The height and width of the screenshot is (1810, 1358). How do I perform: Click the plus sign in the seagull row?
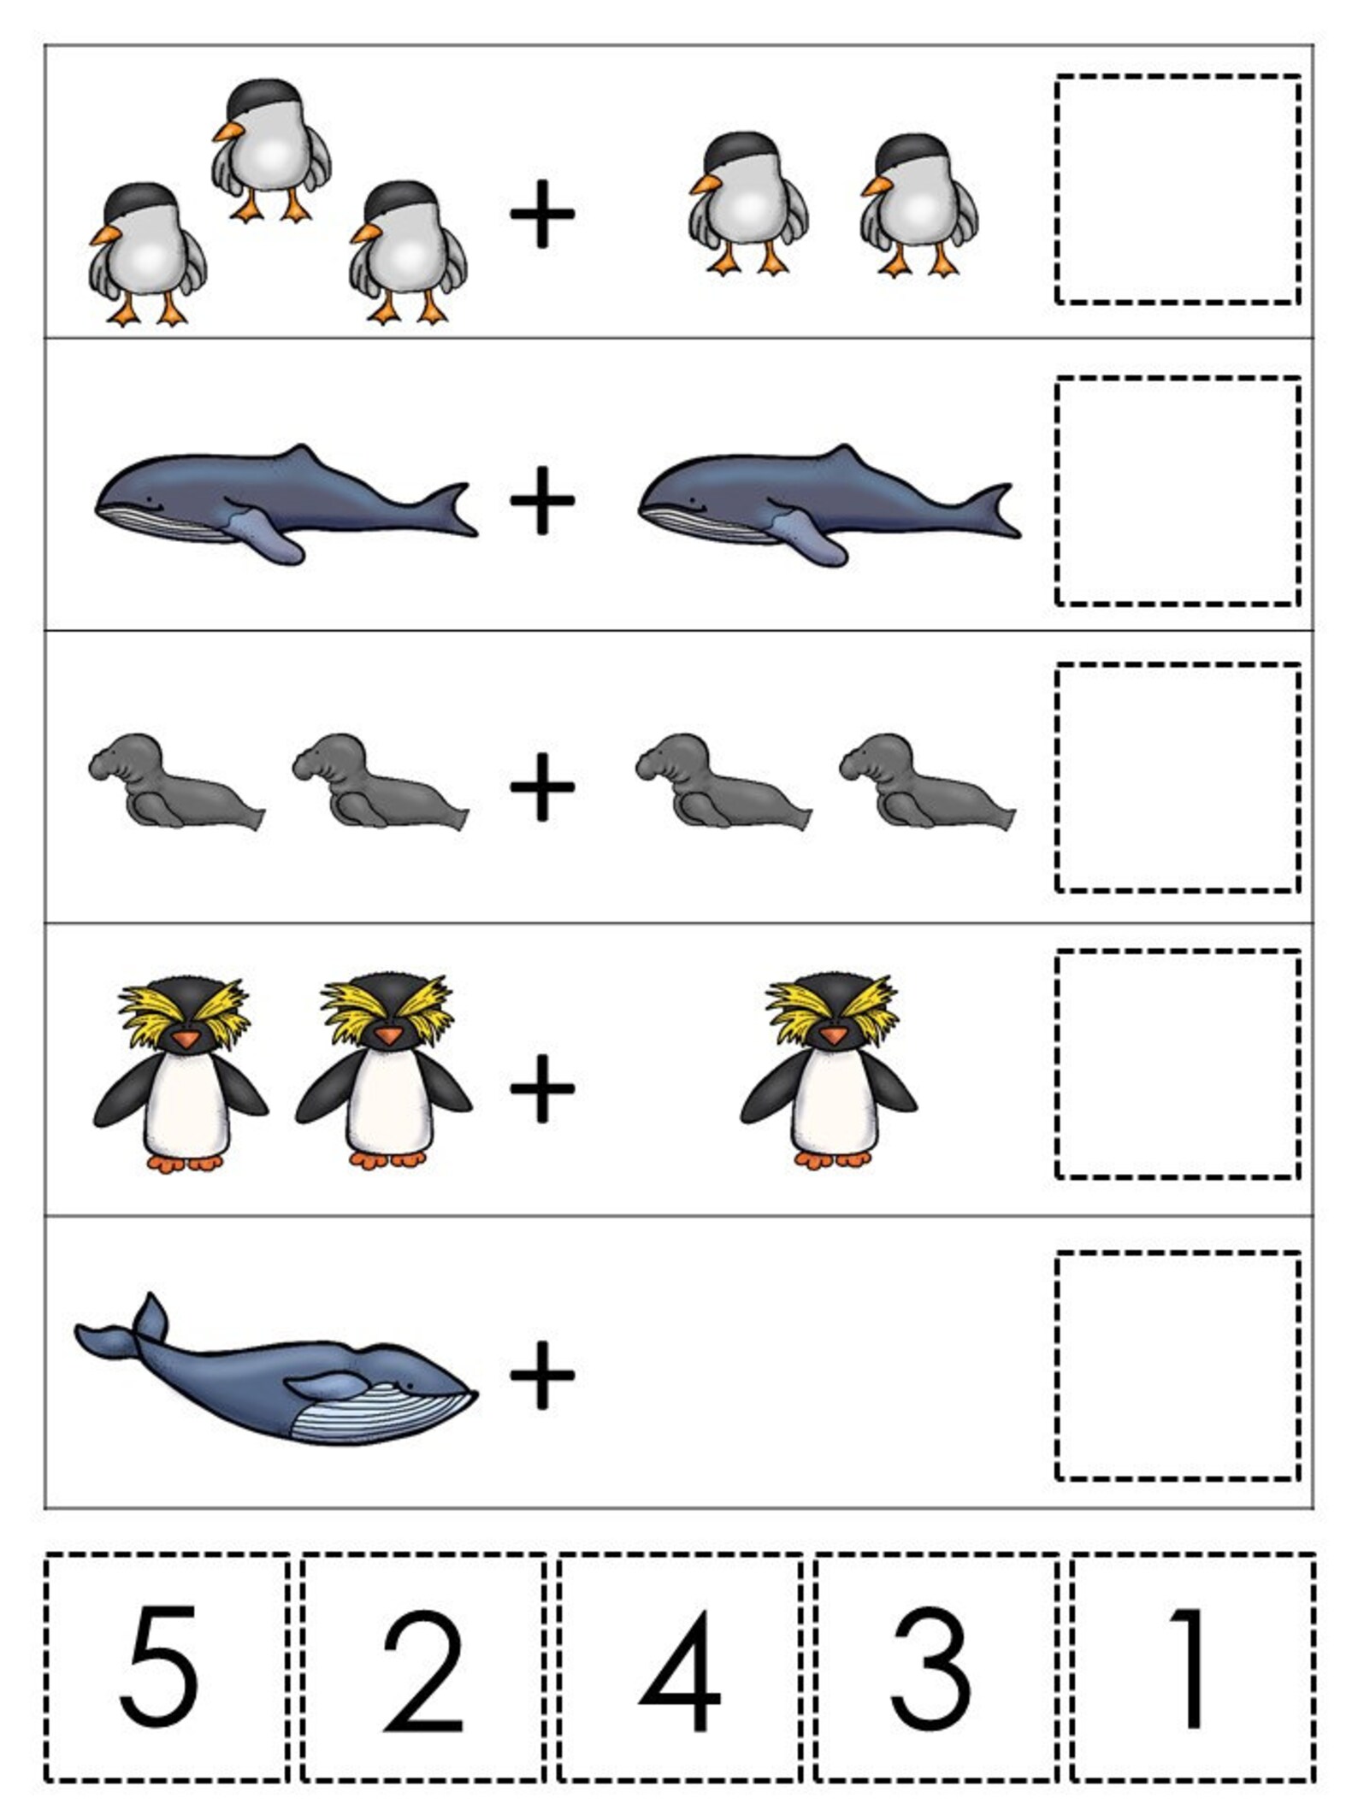click(542, 215)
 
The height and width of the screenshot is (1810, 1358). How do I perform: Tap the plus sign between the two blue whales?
click(542, 500)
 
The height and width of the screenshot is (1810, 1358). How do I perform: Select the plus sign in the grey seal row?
click(542, 787)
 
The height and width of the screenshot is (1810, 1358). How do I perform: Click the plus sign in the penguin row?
click(542, 1088)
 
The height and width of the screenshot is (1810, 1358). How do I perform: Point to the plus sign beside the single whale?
click(542, 1375)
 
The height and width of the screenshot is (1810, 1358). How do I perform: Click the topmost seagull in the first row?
click(272, 150)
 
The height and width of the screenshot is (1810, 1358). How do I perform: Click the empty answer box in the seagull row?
click(1178, 190)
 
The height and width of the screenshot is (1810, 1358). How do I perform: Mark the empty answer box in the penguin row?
click(1178, 1064)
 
